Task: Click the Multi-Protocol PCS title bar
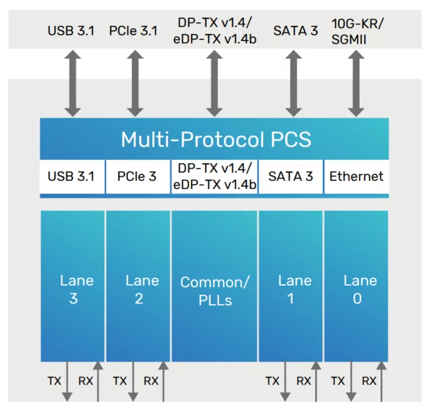214,139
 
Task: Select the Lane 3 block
72,287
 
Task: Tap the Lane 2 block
138,287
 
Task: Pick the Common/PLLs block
214,287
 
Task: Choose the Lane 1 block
290,287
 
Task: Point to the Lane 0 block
356,287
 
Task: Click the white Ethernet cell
356,177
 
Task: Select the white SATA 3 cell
290,177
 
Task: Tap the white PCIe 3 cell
138,177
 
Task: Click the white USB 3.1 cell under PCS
72,177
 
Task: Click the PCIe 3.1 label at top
134,31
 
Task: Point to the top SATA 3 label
295,31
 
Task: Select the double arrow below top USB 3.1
72,83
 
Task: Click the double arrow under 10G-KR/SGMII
356,83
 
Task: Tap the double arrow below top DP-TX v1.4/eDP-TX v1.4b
214,83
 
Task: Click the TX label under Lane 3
54,381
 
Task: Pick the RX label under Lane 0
369,381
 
